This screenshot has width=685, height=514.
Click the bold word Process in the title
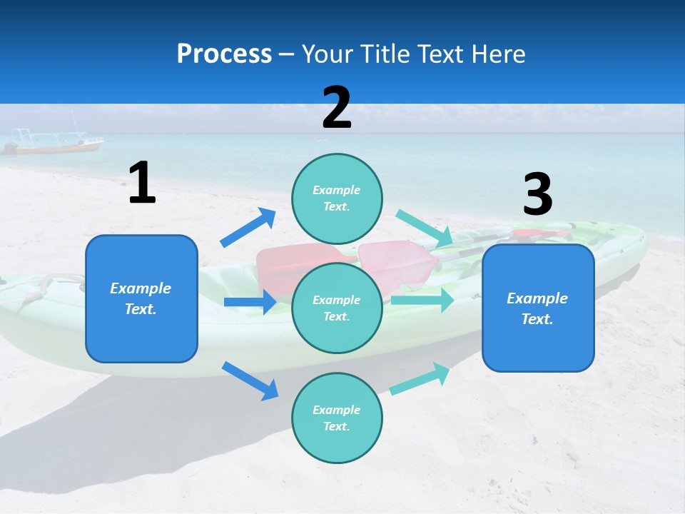(x=224, y=54)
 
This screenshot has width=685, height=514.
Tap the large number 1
(x=142, y=183)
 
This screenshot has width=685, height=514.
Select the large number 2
(x=337, y=108)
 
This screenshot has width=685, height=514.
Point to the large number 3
(x=537, y=195)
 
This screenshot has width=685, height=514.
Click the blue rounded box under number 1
(x=141, y=298)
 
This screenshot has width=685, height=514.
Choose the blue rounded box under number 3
(x=538, y=308)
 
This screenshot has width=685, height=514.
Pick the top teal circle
(x=337, y=198)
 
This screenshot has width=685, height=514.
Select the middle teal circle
(x=337, y=308)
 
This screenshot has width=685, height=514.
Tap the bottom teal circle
(x=337, y=418)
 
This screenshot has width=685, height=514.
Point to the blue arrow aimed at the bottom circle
(x=250, y=380)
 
